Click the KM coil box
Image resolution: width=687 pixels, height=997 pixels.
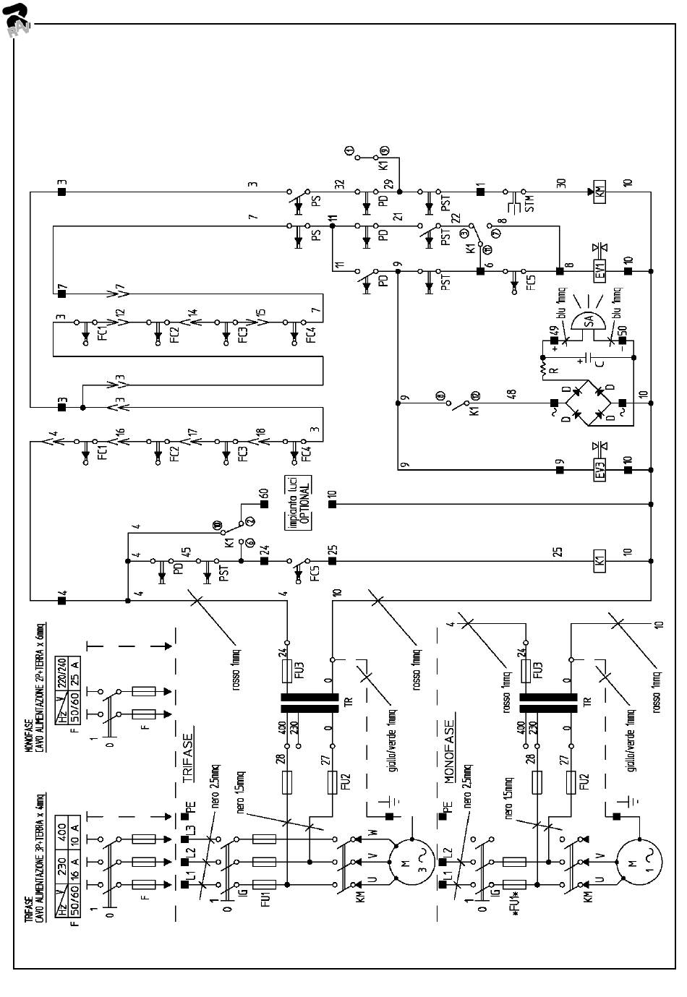[x=600, y=192]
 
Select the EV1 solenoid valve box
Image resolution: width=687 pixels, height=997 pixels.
[x=600, y=271]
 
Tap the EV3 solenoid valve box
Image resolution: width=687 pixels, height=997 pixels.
[x=600, y=470]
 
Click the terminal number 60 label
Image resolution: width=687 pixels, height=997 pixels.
[x=264, y=495]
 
